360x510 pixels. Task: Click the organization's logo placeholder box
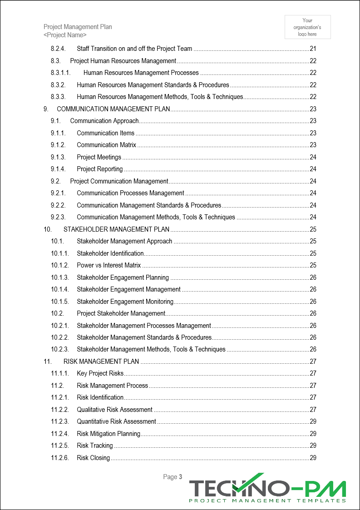tap(307, 27)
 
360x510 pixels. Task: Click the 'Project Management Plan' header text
tap(78, 27)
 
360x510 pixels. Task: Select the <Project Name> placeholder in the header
tap(65, 35)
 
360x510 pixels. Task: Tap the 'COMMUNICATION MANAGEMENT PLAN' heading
tap(113, 109)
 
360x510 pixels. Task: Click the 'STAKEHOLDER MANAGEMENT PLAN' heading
tap(116, 229)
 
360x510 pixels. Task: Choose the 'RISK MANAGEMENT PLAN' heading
tap(101, 361)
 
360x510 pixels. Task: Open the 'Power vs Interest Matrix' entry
tap(108, 265)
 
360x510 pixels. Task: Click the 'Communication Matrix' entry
tap(106, 145)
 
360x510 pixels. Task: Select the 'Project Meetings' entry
tap(99, 157)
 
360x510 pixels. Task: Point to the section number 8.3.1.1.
tap(61, 73)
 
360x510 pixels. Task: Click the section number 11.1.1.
tap(60, 373)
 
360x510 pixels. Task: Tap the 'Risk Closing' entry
tap(93, 458)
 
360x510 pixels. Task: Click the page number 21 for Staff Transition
tap(313, 49)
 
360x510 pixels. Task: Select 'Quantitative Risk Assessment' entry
tap(116, 421)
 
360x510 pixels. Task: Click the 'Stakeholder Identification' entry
tap(110, 253)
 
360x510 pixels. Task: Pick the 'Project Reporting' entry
tap(99, 169)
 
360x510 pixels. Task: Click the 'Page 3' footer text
tap(173, 477)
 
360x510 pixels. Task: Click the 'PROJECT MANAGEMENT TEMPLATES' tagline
tap(267, 500)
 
